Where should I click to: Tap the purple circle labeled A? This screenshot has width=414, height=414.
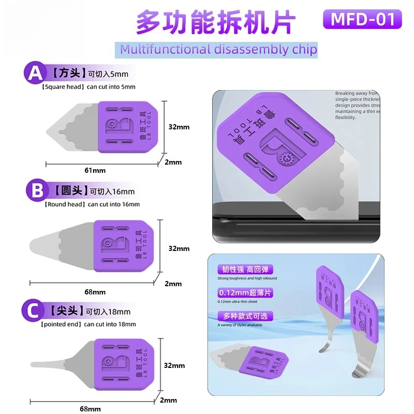click(x=35, y=73)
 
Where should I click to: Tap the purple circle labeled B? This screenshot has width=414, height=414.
click(x=37, y=190)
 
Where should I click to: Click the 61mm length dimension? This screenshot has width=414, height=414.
click(x=96, y=170)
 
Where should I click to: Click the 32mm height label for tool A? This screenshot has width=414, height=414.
click(x=179, y=126)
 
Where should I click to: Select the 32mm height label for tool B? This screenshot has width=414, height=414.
click(x=179, y=248)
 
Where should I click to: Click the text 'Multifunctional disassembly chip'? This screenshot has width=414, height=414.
click(x=218, y=50)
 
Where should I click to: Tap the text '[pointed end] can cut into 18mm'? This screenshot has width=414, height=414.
click(x=88, y=324)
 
